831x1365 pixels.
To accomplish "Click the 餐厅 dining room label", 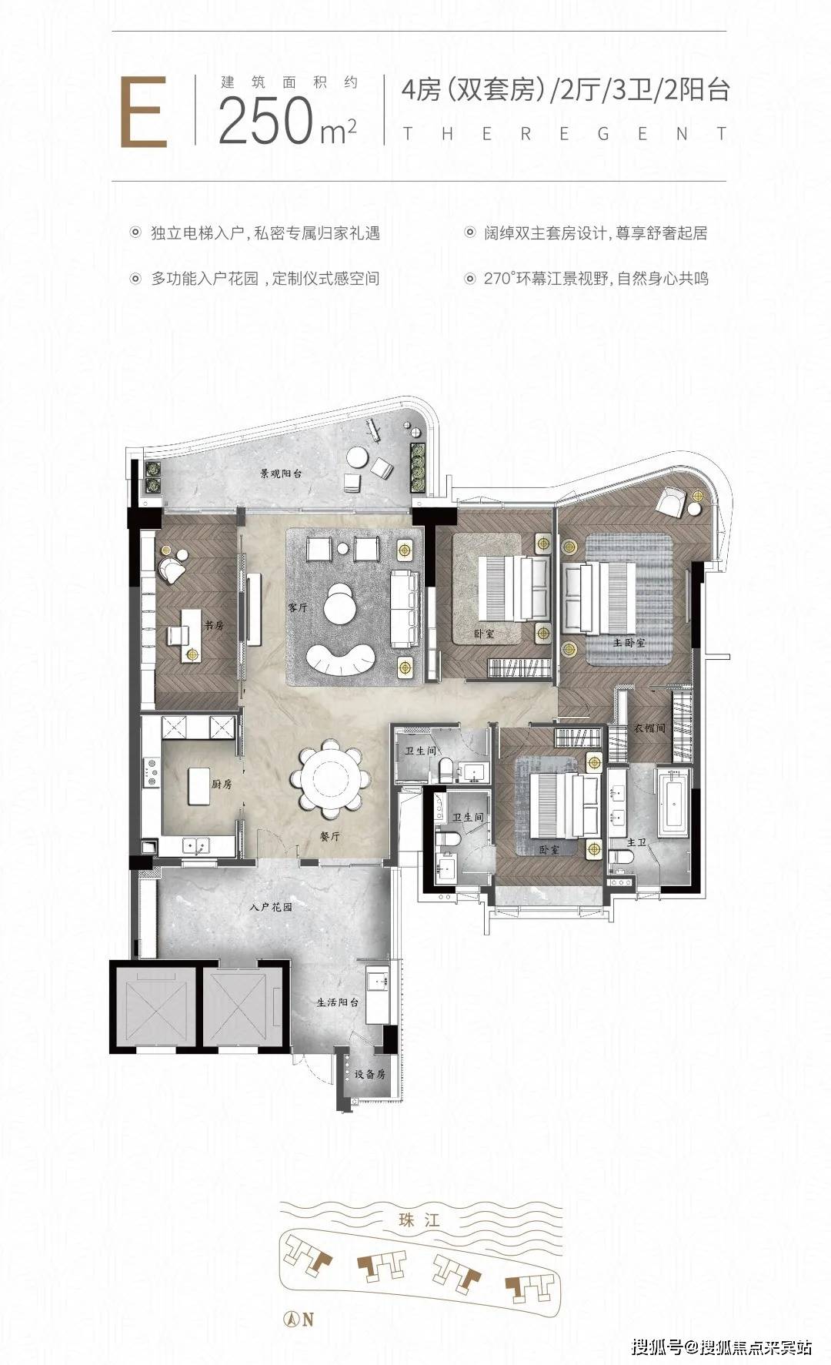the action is (x=330, y=835).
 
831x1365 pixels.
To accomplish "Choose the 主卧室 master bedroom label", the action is (x=629, y=641).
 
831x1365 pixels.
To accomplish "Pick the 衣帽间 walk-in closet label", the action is (x=649, y=727).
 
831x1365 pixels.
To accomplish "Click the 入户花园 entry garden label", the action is (x=272, y=907).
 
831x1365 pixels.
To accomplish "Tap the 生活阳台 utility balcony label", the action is (x=338, y=1003).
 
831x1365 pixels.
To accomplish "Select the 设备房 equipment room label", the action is (x=370, y=1074).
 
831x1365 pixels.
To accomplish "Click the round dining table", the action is (x=331, y=778).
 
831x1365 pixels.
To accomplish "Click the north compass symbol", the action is (x=292, y=1318).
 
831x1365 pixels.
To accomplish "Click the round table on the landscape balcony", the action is (x=358, y=457).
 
